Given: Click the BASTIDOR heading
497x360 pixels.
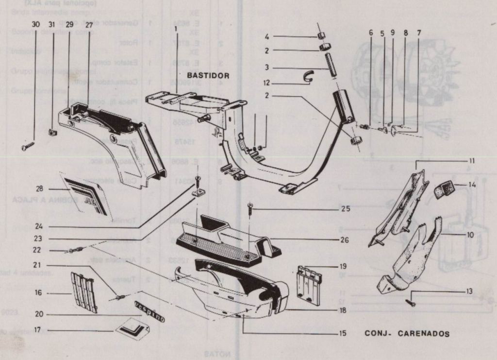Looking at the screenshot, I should [x=208, y=76].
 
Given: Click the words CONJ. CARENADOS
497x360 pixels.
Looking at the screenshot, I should [x=407, y=334].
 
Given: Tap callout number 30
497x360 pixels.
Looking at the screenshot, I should [x=35, y=24].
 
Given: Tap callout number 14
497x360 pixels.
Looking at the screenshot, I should [x=472, y=185].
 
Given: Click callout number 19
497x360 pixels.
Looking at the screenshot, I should [x=343, y=266].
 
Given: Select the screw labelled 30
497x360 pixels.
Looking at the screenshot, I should [x=28, y=145].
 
